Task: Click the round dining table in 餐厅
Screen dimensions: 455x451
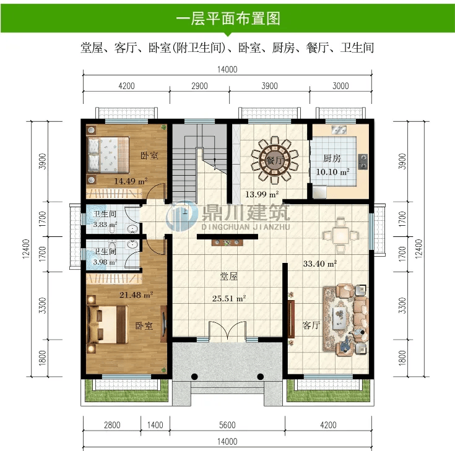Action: (x=274, y=160)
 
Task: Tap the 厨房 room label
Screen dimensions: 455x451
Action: (x=332, y=158)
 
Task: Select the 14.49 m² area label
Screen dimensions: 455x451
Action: (x=131, y=181)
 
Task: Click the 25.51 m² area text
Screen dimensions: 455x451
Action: (x=229, y=298)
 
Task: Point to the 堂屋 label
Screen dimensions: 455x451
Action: (x=228, y=276)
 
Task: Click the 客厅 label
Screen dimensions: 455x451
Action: (x=311, y=325)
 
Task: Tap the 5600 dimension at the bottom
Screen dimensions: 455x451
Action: (x=227, y=425)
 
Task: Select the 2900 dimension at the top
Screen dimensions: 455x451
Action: (x=199, y=86)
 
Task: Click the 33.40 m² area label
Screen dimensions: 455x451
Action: (x=320, y=264)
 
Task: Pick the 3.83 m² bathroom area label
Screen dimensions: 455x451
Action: (x=105, y=225)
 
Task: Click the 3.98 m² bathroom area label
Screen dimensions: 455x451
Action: (x=105, y=262)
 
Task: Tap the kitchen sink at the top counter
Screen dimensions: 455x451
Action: (x=339, y=130)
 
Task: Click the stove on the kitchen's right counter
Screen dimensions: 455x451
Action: (x=363, y=161)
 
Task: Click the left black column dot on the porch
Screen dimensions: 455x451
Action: (x=194, y=377)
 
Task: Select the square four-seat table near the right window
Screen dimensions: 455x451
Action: (x=340, y=235)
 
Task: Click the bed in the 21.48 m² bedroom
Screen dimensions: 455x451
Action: (x=108, y=324)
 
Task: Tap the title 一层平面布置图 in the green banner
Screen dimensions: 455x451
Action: (x=228, y=19)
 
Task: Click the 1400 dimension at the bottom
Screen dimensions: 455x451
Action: (x=155, y=425)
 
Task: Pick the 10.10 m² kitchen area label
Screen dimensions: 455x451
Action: (x=332, y=172)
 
